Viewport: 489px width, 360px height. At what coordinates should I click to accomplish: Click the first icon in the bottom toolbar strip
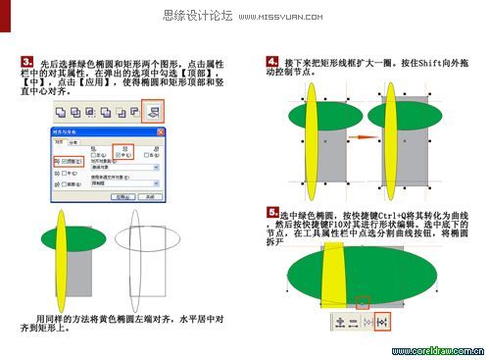pyautogui.click(x=342, y=319)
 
